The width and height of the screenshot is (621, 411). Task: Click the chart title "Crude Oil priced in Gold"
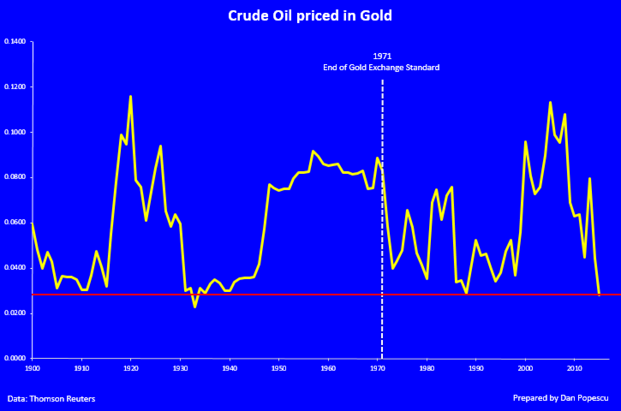[x=310, y=16]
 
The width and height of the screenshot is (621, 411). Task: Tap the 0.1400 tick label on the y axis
[x=15, y=42]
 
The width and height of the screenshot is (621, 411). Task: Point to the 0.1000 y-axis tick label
[x=15, y=132]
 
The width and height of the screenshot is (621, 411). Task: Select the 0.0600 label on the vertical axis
[x=15, y=223]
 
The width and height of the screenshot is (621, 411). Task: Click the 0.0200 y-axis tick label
[x=15, y=313]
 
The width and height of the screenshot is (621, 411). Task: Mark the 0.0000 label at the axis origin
[x=15, y=358]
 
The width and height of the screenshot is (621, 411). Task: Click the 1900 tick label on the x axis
[x=32, y=368]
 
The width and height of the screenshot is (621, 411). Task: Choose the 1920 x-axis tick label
[x=131, y=368]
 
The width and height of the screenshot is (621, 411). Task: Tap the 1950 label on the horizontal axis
[x=279, y=368]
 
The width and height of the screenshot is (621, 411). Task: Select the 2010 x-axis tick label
[x=574, y=368]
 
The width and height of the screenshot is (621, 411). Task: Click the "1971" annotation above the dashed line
[x=382, y=56]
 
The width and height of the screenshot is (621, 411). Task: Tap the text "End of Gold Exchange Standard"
[x=381, y=68]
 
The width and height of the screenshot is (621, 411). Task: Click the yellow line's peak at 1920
[x=131, y=96]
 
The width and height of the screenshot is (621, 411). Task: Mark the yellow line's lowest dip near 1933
[x=195, y=307]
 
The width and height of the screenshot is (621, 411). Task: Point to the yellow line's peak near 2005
[x=550, y=102]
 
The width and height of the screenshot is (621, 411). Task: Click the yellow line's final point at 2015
[x=599, y=295]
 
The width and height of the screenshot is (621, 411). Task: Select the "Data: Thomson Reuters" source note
[x=51, y=399]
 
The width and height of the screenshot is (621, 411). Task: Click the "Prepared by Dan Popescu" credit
[x=561, y=398]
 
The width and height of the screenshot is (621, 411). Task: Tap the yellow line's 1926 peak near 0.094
[x=160, y=146]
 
